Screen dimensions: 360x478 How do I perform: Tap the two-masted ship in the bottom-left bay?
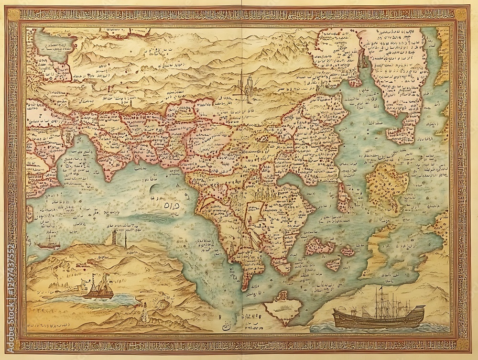pos(98,287)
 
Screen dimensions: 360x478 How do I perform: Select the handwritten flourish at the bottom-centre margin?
pos(225,328)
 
